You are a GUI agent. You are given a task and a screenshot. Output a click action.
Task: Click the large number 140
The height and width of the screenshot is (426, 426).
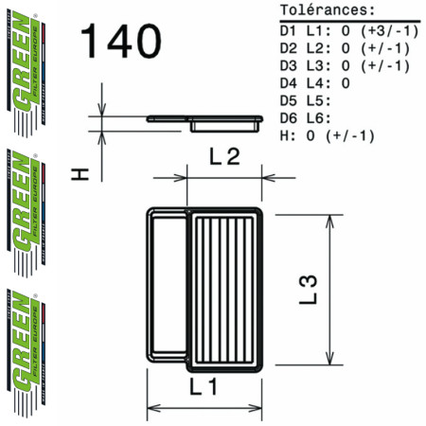tap(121, 43)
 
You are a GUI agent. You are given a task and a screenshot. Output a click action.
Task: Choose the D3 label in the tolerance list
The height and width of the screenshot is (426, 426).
tap(290, 65)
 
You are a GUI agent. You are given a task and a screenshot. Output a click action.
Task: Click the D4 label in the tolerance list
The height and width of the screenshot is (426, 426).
tap(290, 83)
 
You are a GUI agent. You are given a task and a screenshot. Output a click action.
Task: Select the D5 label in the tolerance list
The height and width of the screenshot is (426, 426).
tap(290, 100)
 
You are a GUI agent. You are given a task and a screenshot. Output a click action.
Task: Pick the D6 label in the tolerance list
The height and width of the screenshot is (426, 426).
tap(290, 118)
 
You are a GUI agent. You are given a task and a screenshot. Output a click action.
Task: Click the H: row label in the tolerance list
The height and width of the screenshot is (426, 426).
tap(287, 135)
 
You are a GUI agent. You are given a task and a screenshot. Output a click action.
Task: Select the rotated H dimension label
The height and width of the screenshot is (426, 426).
tap(82, 172)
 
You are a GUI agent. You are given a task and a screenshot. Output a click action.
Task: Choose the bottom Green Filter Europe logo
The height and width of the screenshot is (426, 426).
tap(27, 346)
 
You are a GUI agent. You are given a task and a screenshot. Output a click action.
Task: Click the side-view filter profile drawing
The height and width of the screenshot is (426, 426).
tap(205, 121)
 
